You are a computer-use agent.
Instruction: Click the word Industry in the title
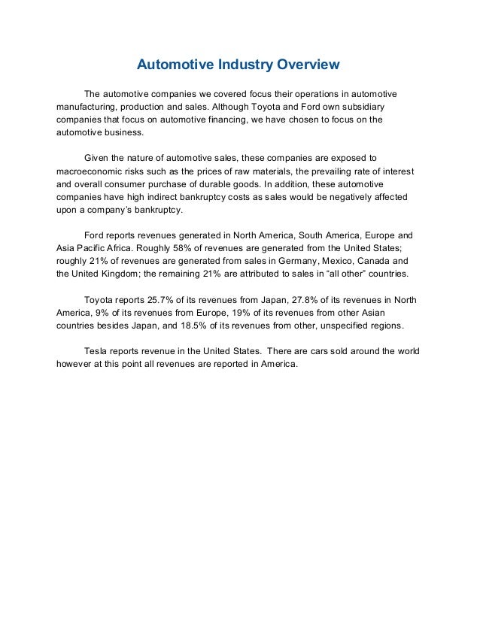[x=241, y=65]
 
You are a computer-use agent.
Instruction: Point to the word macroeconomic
[x=92, y=171]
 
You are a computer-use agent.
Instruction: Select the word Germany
[x=290, y=261]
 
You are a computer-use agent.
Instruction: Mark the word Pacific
[x=92, y=248]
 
